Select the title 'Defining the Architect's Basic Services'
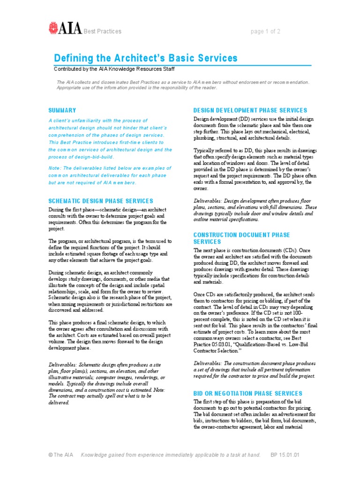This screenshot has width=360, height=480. point(145,58)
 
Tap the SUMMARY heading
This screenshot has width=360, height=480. point(62,111)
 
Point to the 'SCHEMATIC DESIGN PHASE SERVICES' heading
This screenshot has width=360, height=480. point(101,201)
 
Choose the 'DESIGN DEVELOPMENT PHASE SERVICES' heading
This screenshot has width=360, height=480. point(250,111)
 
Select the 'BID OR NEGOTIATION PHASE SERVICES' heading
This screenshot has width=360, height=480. point(248,394)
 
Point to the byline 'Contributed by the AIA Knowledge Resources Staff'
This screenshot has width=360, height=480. point(114,69)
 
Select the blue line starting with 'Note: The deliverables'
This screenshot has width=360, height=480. point(110,168)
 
